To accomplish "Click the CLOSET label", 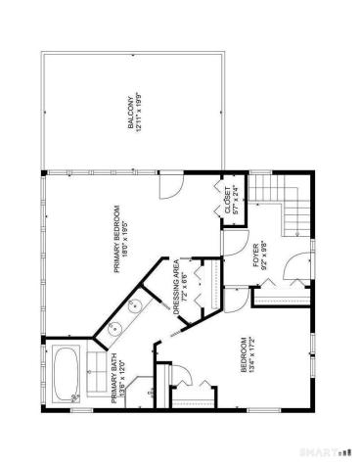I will [225, 200].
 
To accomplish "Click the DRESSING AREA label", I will [176, 285].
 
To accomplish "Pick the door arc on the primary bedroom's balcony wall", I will [169, 185].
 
